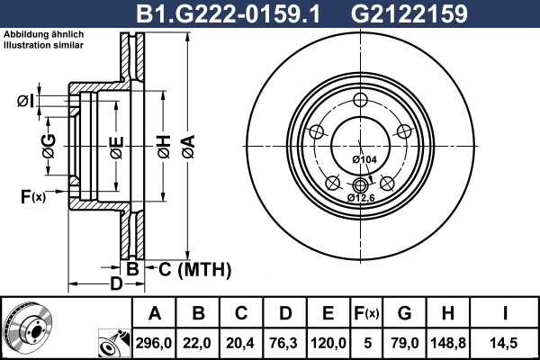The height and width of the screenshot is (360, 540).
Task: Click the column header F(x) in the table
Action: point(366,313)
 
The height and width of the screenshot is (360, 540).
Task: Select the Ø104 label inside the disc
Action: point(364,159)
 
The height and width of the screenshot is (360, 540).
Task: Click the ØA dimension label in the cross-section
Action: point(187,145)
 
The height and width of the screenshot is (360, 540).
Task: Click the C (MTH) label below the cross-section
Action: point(194,269)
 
